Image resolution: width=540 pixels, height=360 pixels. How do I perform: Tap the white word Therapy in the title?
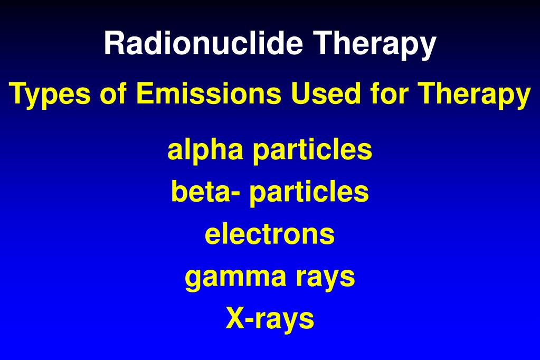[x=376, y=44]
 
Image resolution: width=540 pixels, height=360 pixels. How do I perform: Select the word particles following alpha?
[x=312, y=150]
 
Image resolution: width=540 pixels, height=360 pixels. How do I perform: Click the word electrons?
[x=270, y=234]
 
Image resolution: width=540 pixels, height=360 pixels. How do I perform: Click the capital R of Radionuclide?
[x=113, y=43]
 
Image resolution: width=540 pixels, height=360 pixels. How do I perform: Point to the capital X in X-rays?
[x=234, y=318]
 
